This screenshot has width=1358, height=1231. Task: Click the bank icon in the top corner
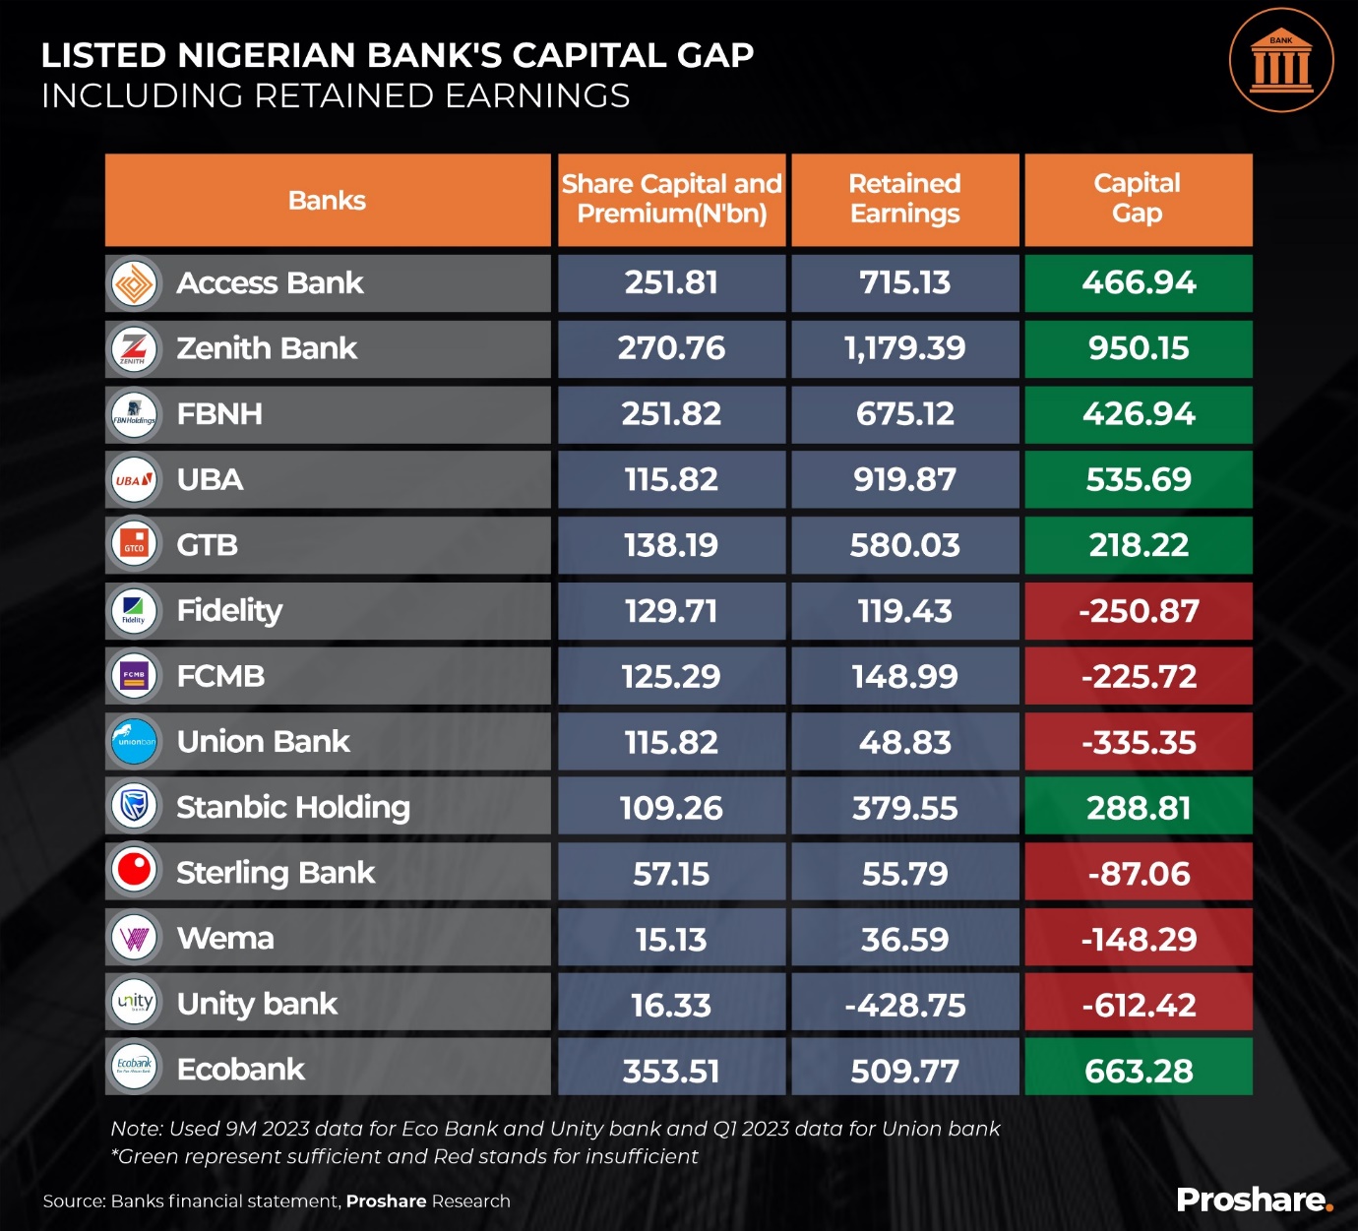pos(1281,60)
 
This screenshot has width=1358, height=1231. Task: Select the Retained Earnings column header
pos(904,199)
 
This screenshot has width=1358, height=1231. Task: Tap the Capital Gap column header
pos(1138,199)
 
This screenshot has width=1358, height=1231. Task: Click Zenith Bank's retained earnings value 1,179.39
pos(904,348)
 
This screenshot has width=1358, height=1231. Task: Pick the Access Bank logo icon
pos(134,284)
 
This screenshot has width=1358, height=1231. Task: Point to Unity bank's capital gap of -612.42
pos(1139,1005)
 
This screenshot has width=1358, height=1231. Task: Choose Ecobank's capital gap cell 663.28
pos(1139,1070)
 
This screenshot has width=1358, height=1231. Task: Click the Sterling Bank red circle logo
pos(134,871)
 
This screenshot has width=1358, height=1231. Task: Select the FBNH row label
pos(219,414)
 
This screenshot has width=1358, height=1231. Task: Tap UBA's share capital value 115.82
pos(671,480)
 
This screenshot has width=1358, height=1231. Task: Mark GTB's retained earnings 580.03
pos(904,545)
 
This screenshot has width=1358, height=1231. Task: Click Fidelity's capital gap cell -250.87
pos(1139,611)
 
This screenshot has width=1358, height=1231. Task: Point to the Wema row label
pos(225,938)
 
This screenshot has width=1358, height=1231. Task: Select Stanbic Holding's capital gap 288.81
pos(1139,808)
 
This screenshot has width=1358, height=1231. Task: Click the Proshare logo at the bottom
pos(1255,1200)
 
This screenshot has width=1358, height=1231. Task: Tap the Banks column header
pos(327,201)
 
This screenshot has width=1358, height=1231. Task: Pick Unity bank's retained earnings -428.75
pos(904,1005)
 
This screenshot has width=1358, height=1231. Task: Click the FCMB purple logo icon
pos(134,676)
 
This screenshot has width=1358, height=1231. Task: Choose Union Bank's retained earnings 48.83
pos(904,742)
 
